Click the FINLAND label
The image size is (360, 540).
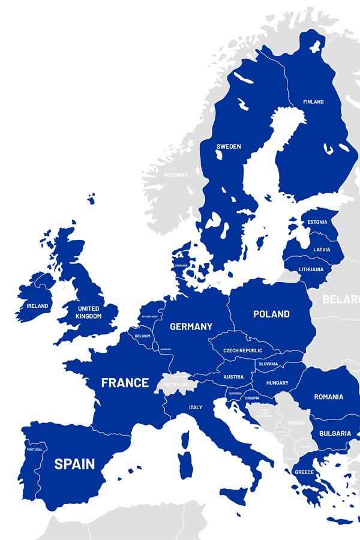[x=313, y=102]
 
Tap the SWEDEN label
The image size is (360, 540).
[x=229, y=146]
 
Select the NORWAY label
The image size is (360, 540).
[x=176, y=175]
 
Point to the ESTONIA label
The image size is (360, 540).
[x=317, y=223]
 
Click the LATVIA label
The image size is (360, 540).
[x=321, y=250]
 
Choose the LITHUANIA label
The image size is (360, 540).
[x=311, y=269]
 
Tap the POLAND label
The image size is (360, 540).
[x=271, y=314]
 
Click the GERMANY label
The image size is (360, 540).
[x=191, y=326]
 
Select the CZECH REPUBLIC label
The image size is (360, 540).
[x=242, y=350]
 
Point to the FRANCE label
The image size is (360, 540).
[x=125, y=383]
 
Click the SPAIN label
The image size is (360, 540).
[x=74, y=464]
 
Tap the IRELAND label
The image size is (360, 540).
[x=37, y=306]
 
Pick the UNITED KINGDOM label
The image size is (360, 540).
[x=89, y=312]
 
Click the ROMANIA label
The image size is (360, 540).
[x=328, y=397]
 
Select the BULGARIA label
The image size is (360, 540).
[x=335, y=433]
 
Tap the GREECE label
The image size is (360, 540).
[x=304, y=472]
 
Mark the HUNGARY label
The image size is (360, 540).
[x=277, y=383]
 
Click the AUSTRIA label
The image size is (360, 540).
[x=233, y=377]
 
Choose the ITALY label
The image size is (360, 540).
[x=196, y=407]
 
